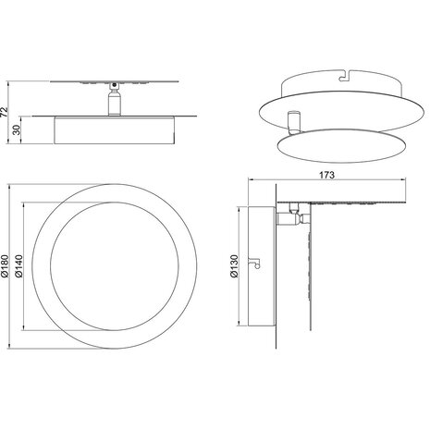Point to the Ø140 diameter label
[x=19, y=265]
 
